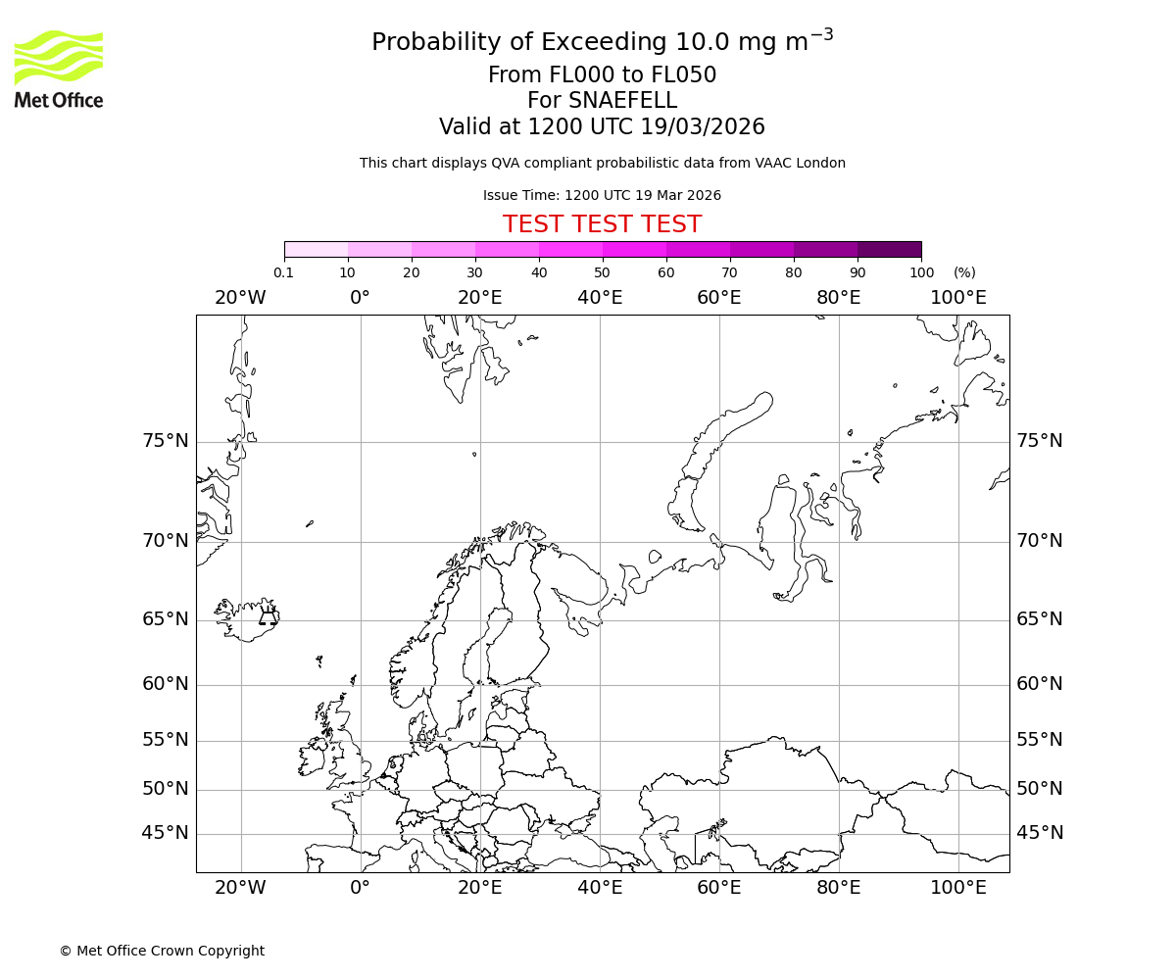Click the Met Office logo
[x=59, y=69]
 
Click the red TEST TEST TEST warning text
[x=602, y=224]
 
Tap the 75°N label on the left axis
[x=166, y=441]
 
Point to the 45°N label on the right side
[x=1040, y=833]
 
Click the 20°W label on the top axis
[x=240, y=298]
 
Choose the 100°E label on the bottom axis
[x=957, y=888]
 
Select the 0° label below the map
[x=360, y=888]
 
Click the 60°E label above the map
[x=718, y=298]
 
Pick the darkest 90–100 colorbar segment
[x=889, y=249]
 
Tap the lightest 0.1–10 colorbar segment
[x=317, y=249]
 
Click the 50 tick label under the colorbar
[x=602, y=272]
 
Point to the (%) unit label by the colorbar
[x=964, y=272]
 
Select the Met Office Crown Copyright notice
[x=162, y=951]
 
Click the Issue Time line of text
[x=602, y=195]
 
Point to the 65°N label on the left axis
[x=166, y=619]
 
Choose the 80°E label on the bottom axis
[x=838, y=888]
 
